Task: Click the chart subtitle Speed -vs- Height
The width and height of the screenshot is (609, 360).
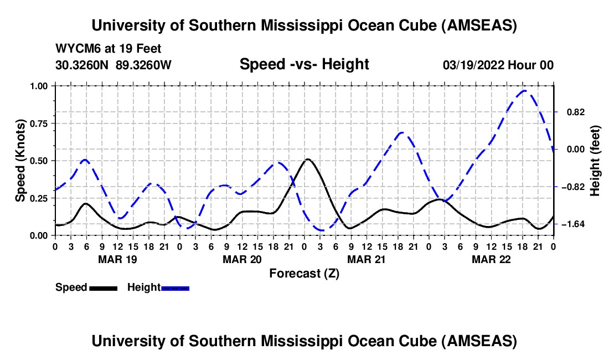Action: click(304, 65)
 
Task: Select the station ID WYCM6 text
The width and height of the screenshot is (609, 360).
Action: click(75, 49)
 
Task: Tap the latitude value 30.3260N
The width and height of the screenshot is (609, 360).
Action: click(83, 65)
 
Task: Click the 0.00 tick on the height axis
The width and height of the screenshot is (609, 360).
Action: click(571, 149)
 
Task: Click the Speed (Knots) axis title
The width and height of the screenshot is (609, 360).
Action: click(20, 160)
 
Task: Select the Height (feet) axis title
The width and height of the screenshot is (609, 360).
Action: click(596, 160)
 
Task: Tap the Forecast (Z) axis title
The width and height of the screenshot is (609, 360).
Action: click(304, 273)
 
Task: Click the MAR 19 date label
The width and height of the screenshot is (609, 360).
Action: click(117, 259)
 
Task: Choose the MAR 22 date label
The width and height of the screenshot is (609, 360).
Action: click(491, 259)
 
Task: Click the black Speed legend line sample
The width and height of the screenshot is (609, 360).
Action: click(103, 287)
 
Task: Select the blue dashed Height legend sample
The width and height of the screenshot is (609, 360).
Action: click(175, 287)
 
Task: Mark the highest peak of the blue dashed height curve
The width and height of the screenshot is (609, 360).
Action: click(524, 90)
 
